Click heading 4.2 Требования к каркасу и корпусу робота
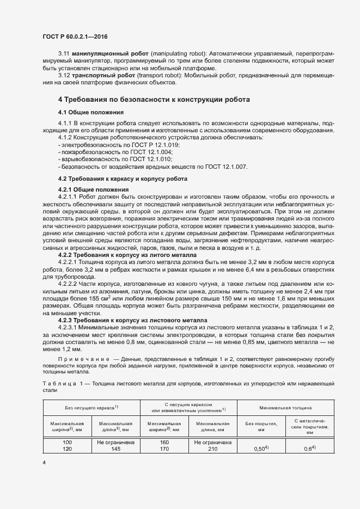(123, 179)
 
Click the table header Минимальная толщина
(285, 407)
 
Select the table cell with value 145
(115, 449)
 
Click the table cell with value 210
(212, 449)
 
